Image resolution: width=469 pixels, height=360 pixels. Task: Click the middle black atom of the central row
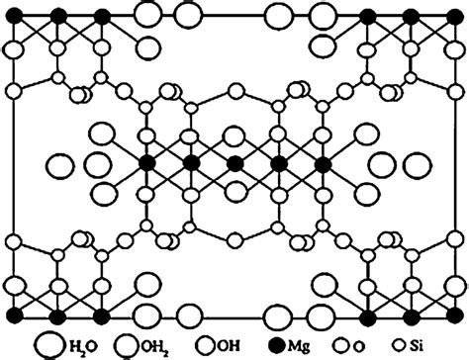tap(234, 162)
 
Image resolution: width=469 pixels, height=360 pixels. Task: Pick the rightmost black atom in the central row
tap(322, 162)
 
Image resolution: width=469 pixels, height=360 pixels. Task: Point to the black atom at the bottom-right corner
tap(453, 315)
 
